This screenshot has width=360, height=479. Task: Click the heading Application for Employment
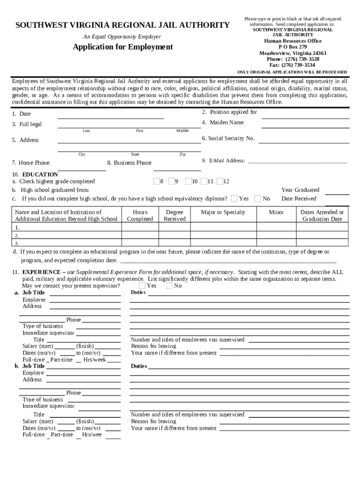[122, 47]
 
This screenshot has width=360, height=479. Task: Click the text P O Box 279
[293, 47]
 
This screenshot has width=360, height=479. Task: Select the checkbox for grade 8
[156, 181]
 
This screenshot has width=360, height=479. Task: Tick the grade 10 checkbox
[188, 181]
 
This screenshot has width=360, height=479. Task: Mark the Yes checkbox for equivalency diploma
[234, 198]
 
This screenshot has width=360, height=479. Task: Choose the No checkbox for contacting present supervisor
[169, 285]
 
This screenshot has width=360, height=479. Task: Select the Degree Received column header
[174, 216]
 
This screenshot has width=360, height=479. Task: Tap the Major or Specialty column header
[223, 212]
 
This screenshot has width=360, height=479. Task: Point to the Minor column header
[276, 212]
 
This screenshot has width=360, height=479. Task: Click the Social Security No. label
[228, 138]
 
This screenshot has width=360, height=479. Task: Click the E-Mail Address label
[223, 161]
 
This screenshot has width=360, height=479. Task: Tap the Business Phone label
[130, 163]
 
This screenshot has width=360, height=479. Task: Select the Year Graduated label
[300, 190]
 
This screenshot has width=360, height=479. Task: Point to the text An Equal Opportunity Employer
[122, 36]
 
